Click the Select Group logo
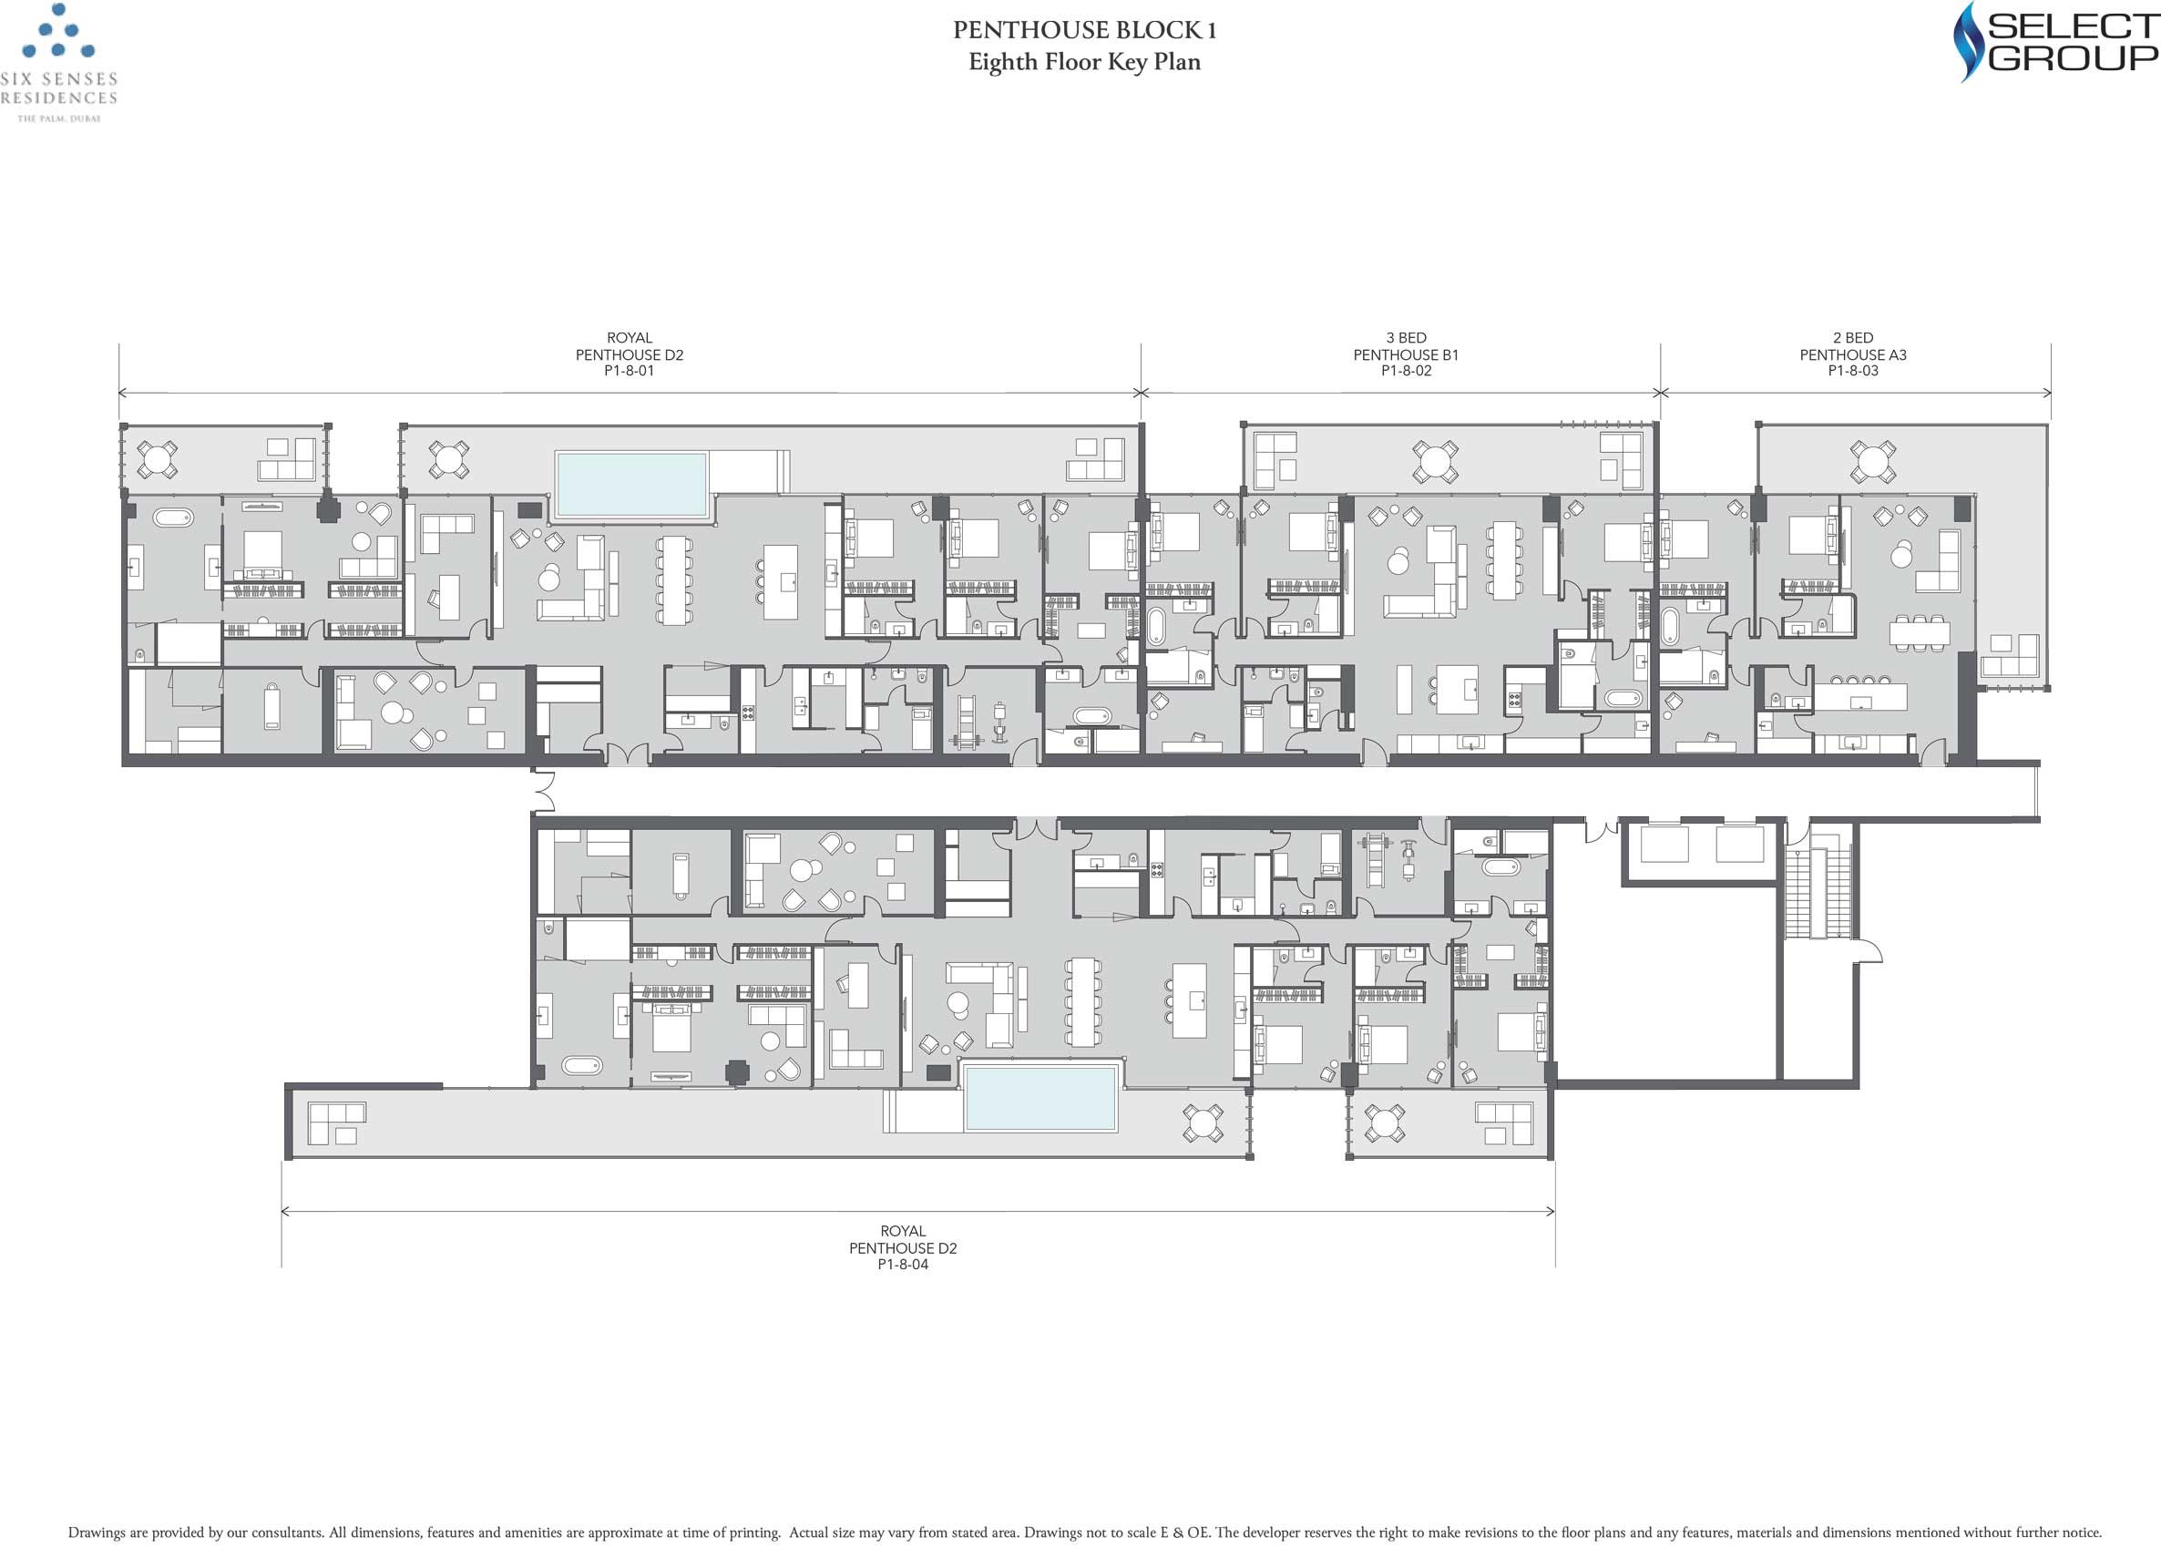coord(2055,41)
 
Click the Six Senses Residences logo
coord(59,63)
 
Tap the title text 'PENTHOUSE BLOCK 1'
coord(1084,30)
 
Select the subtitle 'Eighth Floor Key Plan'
coord(1084,63)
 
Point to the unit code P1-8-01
coord(629,371)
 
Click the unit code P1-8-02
coord(1406,371)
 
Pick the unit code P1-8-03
coord(1852,371)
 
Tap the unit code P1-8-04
coord(902,1264)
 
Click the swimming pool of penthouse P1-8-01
coord(631,485)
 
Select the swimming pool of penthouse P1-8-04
coord(1040,1097)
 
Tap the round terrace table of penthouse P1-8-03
coord(1871,462)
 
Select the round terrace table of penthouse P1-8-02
coord(1435,462)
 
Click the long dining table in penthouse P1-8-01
coord(673,580)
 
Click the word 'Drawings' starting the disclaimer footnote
coord(96,1533)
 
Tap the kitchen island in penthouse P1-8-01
coord(781,581)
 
